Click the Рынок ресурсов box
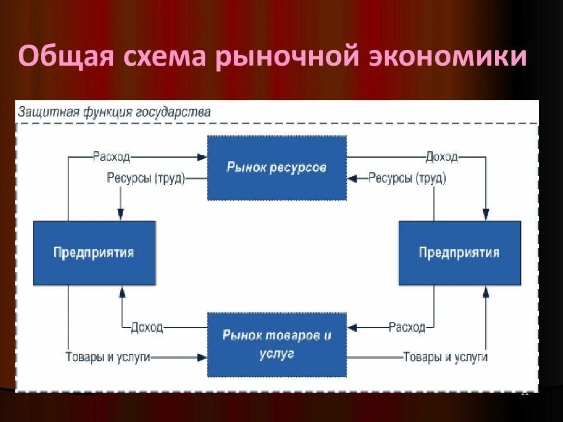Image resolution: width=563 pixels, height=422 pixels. coord(277,168)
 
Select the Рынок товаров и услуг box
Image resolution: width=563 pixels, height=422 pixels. coord(277,345)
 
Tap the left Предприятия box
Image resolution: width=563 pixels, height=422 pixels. coord(94,253)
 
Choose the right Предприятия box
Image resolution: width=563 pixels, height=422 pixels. coord(459,253)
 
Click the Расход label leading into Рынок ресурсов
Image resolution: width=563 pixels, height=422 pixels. coord(111,157)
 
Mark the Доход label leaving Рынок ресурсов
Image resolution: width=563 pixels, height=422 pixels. coord(442,157)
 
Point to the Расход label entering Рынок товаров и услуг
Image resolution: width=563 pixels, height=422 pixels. coord(407,327)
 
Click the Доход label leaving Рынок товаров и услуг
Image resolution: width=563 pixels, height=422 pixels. coord(147,327)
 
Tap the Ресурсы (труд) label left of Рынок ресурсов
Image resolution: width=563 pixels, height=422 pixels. coord(145,178)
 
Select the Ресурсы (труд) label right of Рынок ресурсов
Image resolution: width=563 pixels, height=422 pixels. coord(407,178)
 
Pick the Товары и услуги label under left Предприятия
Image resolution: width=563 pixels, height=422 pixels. coord(108,357)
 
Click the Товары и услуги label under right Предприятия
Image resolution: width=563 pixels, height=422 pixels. coord(445,357)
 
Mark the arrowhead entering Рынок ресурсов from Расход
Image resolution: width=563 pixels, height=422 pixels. coord(202,157)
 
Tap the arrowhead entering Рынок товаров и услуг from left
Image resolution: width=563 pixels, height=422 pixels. coord(202,357)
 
